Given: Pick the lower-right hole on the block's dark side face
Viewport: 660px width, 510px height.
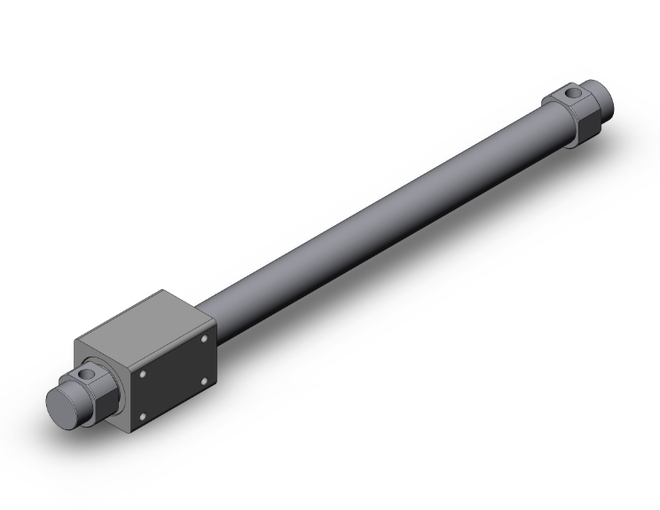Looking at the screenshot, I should click(206, 381).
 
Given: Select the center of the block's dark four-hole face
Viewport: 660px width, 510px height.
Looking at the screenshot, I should click(175, 377).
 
